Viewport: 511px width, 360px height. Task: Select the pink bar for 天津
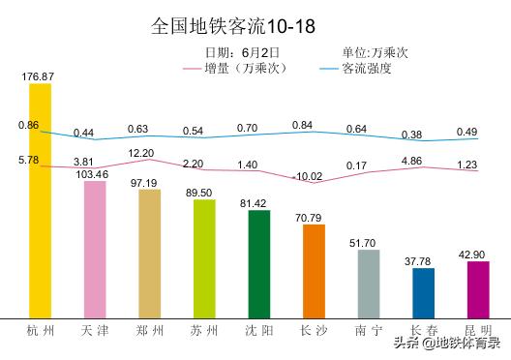click(95, 249)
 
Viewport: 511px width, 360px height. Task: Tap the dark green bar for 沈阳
click(259, 263)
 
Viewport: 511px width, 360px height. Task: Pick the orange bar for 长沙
click(314, 271)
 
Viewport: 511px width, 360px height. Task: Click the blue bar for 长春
click(424, 292)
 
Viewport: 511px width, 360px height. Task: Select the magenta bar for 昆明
click(478, 288)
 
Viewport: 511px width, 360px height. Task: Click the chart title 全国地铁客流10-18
click(232, 24)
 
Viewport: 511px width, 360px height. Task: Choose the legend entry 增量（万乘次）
click(247, 69)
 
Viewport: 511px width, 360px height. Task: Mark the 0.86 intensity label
click(28, 125)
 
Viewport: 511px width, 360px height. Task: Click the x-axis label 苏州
click(204, 332)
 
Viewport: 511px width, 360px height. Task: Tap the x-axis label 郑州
click(149, 332)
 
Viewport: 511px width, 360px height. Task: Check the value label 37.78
click(424, 260)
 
